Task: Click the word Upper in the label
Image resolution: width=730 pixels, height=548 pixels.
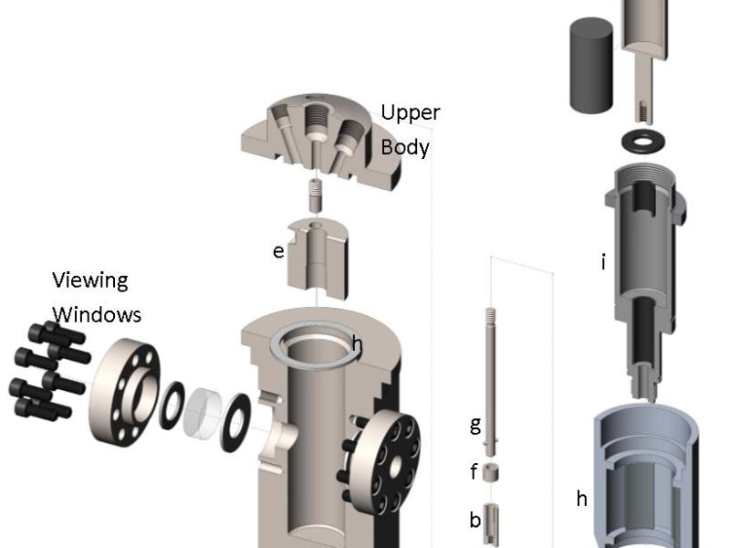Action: (410, 113)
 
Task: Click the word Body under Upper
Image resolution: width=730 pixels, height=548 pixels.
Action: (404, 147)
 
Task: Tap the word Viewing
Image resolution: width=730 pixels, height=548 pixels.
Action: (89, 279)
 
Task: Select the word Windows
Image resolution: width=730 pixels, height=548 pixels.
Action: (96, 314)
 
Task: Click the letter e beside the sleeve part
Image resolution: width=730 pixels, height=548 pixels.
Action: (278, 250)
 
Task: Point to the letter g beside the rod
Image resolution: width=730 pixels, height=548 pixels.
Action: (474, 424)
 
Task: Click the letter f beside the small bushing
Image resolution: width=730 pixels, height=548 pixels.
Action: (474, 473)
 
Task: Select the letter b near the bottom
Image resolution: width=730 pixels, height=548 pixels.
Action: (474, 520)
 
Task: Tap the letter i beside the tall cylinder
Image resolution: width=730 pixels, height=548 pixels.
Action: (602, 263)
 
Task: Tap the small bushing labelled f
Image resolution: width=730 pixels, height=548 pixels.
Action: (492, 473)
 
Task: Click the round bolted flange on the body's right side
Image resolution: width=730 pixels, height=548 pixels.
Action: (390, 460)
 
